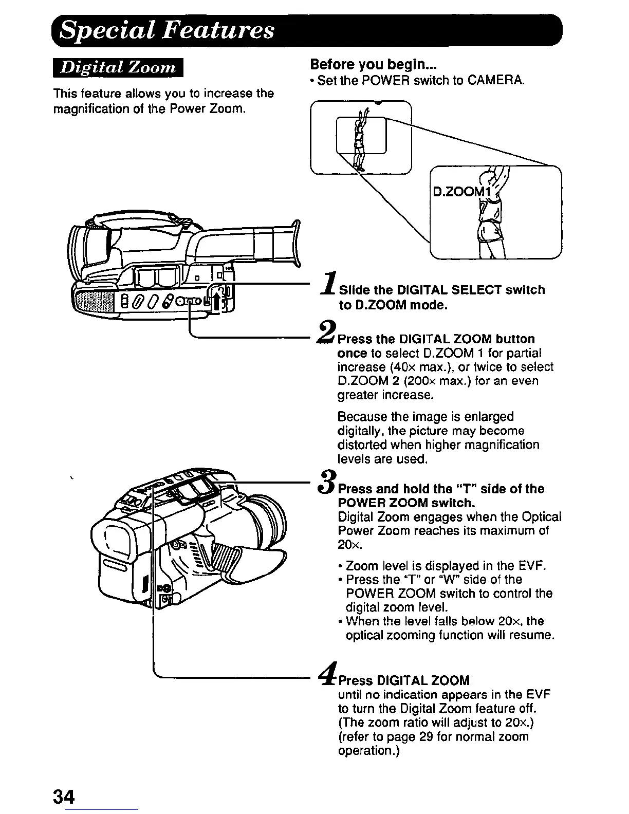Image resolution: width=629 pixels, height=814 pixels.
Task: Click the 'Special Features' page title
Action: tap(167, 30)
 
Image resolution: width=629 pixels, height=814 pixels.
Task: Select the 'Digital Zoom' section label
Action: tap(118, 68)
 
